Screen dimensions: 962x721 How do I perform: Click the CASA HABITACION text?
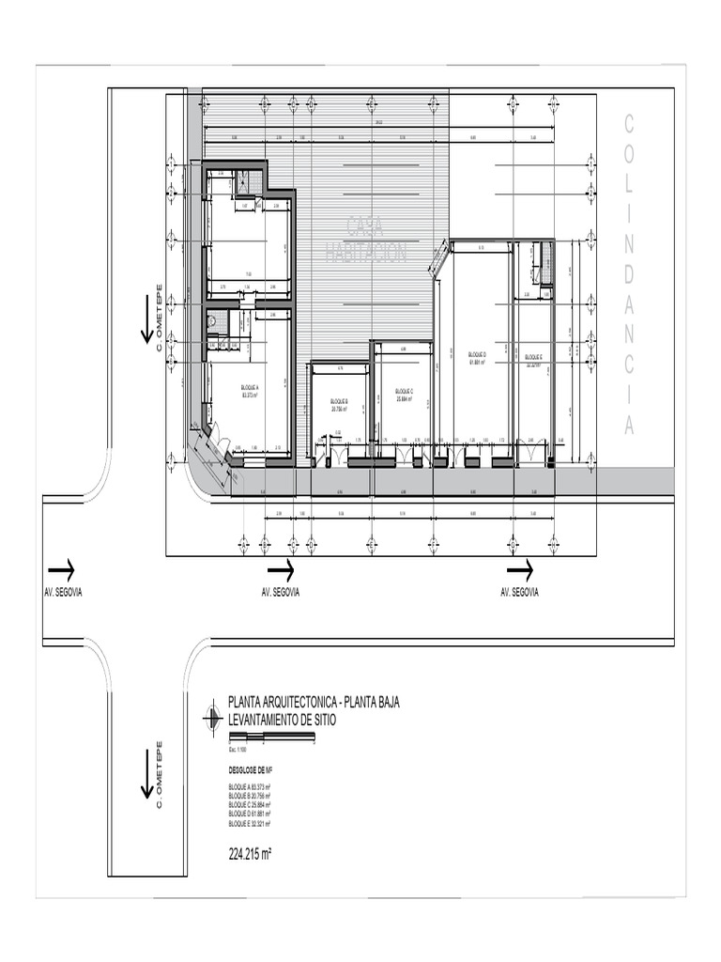[366, 239]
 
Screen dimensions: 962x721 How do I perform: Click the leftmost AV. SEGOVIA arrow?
[62, 569]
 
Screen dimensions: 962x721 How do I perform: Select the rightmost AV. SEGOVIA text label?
[519, 593]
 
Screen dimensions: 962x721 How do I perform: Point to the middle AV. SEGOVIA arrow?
[281, 569]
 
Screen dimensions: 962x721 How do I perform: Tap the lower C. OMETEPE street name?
[160, 776]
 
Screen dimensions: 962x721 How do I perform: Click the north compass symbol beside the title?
[212, 719]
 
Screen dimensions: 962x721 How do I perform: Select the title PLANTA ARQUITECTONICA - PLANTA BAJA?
[314, 703]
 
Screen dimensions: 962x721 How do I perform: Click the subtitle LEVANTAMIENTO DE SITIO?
[282, 719]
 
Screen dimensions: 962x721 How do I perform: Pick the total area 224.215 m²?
[250, 854]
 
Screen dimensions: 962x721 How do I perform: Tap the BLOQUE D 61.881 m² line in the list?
[250, 814]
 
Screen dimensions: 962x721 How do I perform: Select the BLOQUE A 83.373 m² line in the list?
[250, 786]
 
